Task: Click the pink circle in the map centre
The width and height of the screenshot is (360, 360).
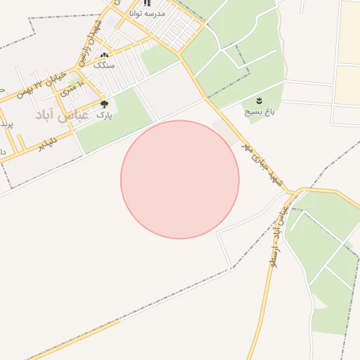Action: click(x=180, y=179)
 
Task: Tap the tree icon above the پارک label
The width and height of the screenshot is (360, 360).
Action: click(x=104, y=104)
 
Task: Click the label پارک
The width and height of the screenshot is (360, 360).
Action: click(x=103, y=114)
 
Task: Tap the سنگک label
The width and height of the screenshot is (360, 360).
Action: click(x=104, y=65)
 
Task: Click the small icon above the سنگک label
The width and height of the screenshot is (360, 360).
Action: click(x=104, y=56)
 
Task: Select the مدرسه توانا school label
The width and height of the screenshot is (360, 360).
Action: click(x=148, y=13)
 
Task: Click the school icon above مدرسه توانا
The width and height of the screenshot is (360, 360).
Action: click(x=147, y=3)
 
